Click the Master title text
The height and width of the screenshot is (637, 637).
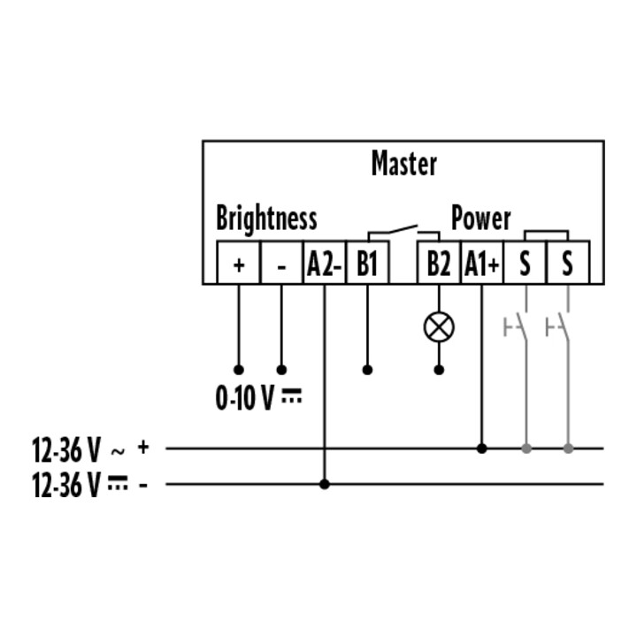[404, 164]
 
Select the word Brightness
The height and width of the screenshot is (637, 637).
[266, 219]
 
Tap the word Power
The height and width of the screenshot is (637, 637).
[480, 219]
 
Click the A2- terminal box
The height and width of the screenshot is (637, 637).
[324, 263]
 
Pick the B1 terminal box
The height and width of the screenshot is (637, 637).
[367, 263]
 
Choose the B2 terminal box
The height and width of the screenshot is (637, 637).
[439, 263]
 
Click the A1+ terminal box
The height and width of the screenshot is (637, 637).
[482, 263]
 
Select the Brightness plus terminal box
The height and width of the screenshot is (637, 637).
[239, 263]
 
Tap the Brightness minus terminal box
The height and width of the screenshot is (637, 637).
[281, 263]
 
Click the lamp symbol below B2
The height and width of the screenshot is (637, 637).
[439, 327]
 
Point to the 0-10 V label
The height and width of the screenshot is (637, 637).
[258, 398]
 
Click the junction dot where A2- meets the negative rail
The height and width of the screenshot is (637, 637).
[324, 484]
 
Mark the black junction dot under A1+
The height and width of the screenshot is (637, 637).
[482, 449]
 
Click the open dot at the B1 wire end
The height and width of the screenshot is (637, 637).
[367, 370]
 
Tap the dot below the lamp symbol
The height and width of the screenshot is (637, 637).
[439, 370]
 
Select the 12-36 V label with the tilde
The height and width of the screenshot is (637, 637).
[79, 449]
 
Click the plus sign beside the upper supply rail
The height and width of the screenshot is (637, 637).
[143, 447]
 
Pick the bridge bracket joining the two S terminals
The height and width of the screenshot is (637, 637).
[546, 234]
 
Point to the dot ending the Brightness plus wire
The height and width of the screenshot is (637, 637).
[239, 370]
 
